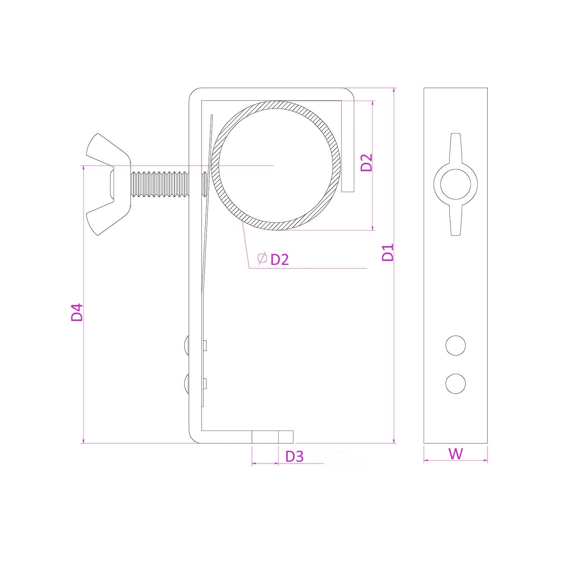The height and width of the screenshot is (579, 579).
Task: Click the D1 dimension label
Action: [x=388, y=253]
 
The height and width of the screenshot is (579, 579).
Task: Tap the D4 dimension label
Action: [x=77, y=313]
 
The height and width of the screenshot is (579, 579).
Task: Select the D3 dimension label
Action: [x=295, y=457]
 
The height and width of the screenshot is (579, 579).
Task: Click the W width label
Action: [x=456, y=454]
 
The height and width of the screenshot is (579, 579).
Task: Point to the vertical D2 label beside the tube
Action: [x=367, y=162]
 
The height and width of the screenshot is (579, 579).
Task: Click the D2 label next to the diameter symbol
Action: [x=280, y=259]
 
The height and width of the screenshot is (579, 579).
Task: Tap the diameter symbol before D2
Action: [x=262, y=258]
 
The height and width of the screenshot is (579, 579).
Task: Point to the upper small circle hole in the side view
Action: [x=456, y=346]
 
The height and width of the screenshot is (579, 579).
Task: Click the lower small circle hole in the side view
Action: [x=456, y=384]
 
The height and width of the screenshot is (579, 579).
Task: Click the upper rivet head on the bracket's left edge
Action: [x=187, y=345]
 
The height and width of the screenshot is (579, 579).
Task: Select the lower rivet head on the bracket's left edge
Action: [x=187, y=383]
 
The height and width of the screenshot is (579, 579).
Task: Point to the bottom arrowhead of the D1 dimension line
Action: [x=394, y=440]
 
